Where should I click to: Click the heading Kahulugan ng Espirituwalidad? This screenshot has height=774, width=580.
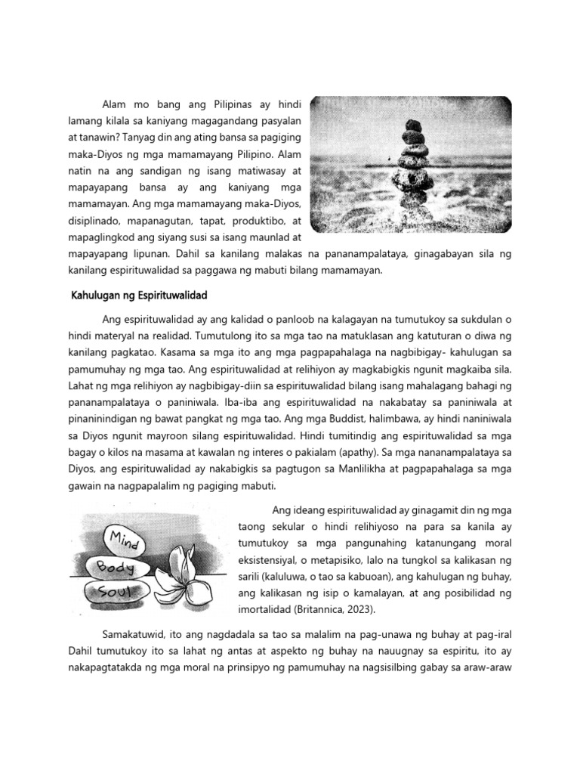138,294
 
